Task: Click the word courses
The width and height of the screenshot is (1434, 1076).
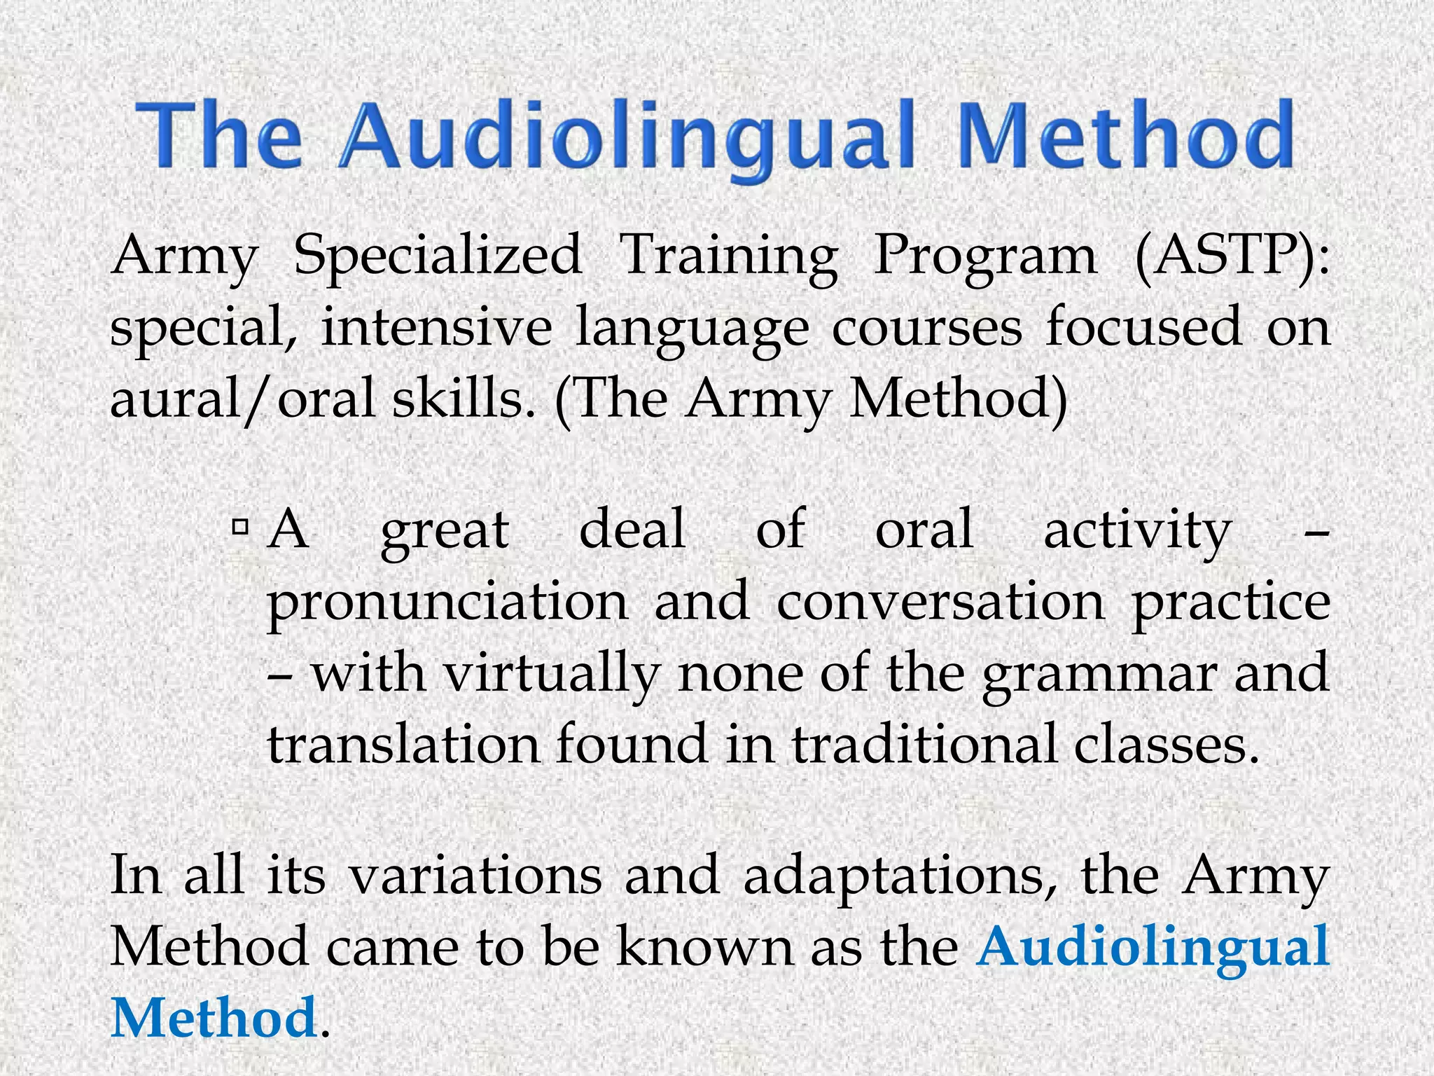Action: click(926, 327)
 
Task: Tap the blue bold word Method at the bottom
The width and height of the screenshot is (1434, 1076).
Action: click(214, 1018)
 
